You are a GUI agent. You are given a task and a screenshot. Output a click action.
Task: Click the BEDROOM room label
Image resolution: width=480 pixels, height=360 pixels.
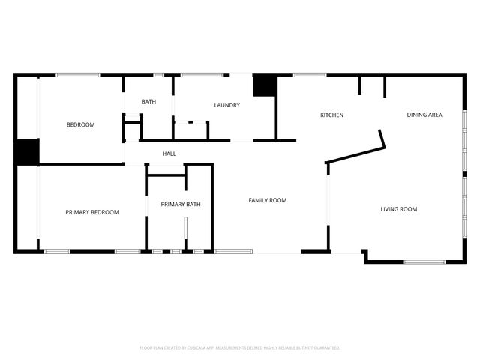(80, 125)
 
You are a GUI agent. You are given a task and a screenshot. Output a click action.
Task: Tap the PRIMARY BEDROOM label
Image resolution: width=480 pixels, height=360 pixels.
(91, 213)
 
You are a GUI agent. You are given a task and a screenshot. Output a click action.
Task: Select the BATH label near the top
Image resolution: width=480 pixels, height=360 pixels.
(148, 102)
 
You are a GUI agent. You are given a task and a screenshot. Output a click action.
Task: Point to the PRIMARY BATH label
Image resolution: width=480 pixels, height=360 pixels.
(180, 205)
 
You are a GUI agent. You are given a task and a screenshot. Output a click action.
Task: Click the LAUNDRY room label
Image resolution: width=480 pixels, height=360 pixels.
(226, 106)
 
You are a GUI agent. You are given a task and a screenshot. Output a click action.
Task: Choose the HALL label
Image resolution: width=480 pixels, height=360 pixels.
(169, 154)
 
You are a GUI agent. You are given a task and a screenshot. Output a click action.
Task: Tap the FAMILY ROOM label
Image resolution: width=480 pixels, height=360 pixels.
(268, 200)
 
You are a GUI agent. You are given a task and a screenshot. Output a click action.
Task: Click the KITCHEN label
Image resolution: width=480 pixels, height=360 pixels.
(331, 115)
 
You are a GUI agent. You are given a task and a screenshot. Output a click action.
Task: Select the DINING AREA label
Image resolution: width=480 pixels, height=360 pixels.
(424, 115)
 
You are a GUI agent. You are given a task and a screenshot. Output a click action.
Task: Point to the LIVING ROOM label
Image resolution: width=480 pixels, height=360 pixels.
(398, 209)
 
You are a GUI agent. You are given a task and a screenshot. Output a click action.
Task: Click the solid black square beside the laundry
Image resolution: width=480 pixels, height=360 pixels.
(264, 85)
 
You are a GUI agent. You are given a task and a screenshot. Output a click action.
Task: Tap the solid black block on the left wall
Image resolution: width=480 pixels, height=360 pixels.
(27, 152)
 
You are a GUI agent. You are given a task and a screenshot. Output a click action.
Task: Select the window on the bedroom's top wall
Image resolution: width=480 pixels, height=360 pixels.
(78, 74)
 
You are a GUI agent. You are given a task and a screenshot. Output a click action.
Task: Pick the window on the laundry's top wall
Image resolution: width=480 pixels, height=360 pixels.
(202, 74)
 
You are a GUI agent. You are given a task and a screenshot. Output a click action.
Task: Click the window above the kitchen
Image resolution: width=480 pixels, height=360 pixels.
(309, 74)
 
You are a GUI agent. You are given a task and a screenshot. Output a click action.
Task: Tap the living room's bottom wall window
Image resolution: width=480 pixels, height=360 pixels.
(424, 262)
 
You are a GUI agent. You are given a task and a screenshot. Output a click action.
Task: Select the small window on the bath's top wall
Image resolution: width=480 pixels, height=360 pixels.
(159, 74)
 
